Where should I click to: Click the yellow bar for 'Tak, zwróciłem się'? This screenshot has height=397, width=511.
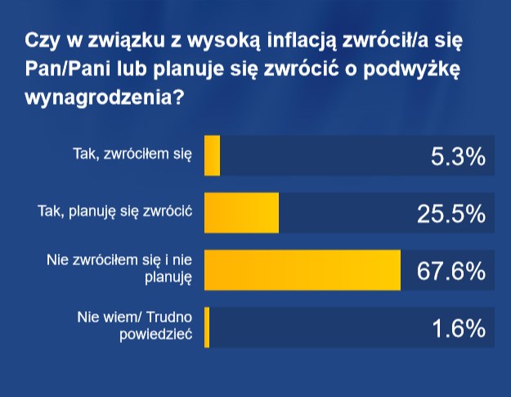pyautogui.click(x=212, y=156)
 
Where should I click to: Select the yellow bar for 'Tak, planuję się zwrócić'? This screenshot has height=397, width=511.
pyautogui.click(x=241, y=213)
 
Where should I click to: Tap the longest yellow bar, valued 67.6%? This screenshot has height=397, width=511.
pyautogui.click(x=302, y=270)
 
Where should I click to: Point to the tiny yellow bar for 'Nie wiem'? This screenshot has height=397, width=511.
pyautogui.click(x=207, y=327)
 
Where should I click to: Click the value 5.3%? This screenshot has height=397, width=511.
pyautogui.click(x=458, y=156)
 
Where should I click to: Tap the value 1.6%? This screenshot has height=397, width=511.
pyautogui.click(x=458, y=328)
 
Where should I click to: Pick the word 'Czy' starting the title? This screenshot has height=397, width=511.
pyautogui.click(x=42, y=40)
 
